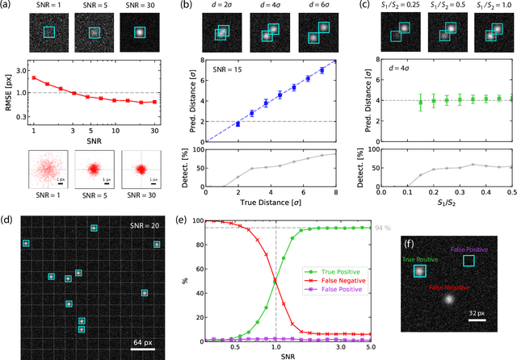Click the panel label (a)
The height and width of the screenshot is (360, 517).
click(7, 6)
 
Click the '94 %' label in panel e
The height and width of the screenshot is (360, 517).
click(385, 228)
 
